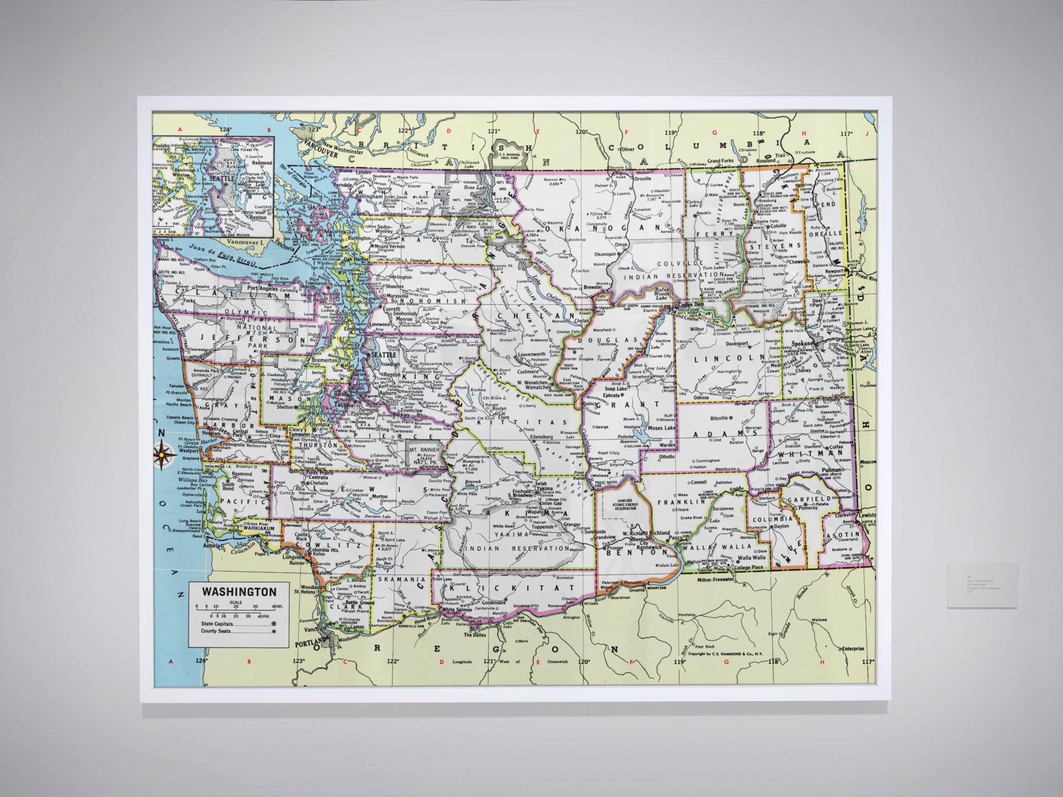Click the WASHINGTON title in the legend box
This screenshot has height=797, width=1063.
(x=239, y=592)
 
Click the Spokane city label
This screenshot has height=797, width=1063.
(x=801, y=344)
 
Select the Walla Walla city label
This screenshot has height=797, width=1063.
(x=752, y=558)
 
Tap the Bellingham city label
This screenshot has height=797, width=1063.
(x=369, y=197)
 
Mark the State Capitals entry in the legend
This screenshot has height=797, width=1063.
(x=217, y=623)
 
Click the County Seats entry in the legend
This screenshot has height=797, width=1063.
(x=216, y=631)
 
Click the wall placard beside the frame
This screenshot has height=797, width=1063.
(x=982, y=585)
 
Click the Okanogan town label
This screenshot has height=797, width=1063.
(x=605, y=254)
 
